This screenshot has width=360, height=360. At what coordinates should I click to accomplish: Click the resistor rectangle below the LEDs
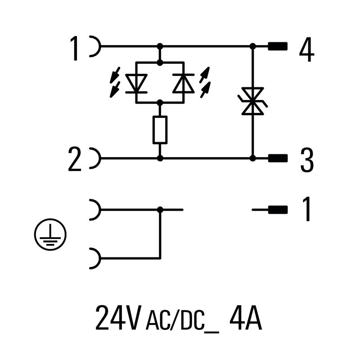pyautogui.click(x=160, y=130)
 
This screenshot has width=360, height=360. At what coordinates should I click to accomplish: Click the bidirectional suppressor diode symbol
pyautogui.click(x=252, y=102)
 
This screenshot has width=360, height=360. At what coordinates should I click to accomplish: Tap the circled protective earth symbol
pyautogui.click(x=50, y=235)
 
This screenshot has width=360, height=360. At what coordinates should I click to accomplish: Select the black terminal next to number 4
pyautogui.click(x=278, y=46)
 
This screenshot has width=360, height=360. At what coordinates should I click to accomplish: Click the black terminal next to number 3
pyautogui.click(x=278, y=158)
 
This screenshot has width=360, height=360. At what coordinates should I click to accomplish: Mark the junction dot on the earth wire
pyautogui.click(x=160, y=209)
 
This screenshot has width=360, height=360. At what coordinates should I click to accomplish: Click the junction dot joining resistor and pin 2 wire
pyautogui.click(x=160, y=158)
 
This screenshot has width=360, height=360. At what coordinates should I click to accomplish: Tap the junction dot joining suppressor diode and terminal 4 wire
pyautogui.click(x=252, y=46)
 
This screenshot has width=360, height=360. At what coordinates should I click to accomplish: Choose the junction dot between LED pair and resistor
pyautogui.click(x=160, y=103)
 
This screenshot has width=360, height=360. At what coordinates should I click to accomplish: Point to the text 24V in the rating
pyautogui.click(x=118, y=318)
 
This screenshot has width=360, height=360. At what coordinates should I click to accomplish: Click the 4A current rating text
pyautogui.click(x=245, y=318)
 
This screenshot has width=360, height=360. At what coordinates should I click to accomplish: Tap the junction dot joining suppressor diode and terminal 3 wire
pyautogui.click(x=252, y=158)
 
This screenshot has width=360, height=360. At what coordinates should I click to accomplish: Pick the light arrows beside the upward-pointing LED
pyautogui.click(x=205, y=82)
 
